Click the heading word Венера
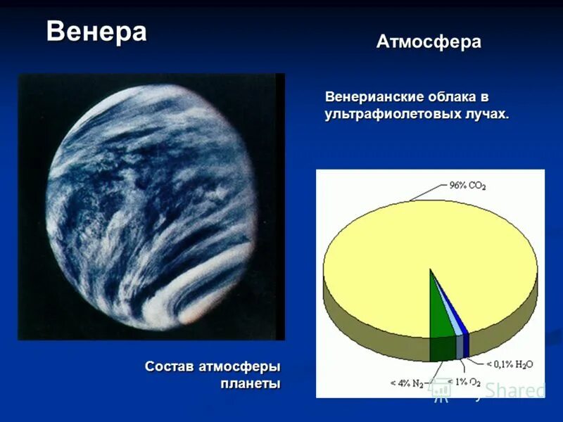click(x=96, y=32)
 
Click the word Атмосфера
click(x=429, y=41)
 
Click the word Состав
click(x=169, y=366)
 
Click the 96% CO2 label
click(x=468, y=186)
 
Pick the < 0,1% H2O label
click(x=509, y=364)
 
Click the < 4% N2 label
click(x=407, y=383)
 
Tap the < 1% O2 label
click(x=464, y=382)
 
